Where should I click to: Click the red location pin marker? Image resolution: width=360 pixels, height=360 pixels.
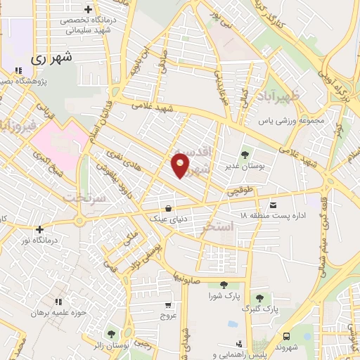(x=181, y=165)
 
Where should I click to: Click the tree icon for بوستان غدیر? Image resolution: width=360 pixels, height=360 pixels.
(x=245, y=154)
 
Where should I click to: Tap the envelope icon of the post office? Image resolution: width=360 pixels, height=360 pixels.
(x=274, y=205)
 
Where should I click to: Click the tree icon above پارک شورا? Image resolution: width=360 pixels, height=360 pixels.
(x=224, y=285)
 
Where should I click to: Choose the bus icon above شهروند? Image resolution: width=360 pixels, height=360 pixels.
(x=287, y=336)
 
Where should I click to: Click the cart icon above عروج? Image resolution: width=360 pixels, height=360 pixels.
(x=168, y=305)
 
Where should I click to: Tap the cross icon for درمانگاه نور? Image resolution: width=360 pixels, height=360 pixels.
(x=39, y=229)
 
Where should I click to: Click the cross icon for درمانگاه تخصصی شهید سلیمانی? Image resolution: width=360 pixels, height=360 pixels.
(x=88, y=9)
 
